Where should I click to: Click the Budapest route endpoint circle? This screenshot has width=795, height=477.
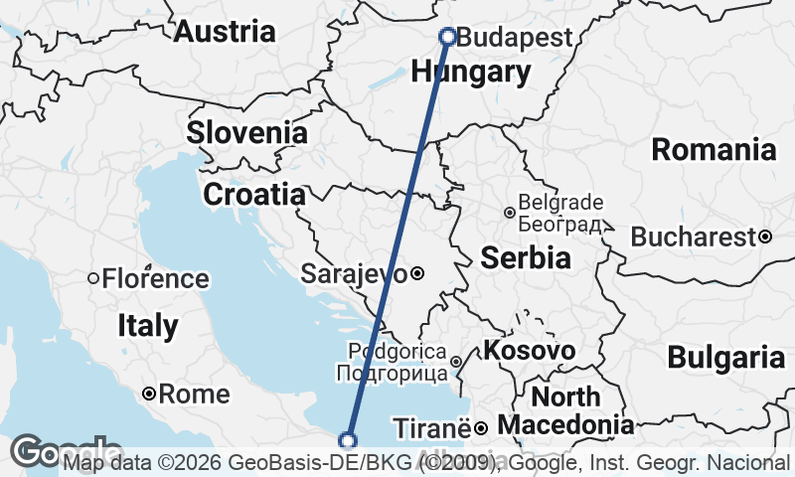tap(447, 37)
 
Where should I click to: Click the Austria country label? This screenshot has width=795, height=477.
tap(225, 32)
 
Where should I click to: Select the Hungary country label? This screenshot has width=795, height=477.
tap(470, 72)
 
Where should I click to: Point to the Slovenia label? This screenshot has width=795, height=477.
tap(246, 132)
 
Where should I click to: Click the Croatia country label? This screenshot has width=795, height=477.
tap(253, 194)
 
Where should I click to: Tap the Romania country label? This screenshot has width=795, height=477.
tap(714, 150)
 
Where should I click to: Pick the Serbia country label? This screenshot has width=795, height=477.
tap(526, 258)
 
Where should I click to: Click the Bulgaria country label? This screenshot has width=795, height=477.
tap(725, 357)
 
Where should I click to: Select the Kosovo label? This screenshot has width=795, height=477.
tap(529, 351)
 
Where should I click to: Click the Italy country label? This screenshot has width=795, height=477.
tap(147, 325)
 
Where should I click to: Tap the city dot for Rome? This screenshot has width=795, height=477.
tap(148, 395)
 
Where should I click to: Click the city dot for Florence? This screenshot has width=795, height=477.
tap(93, 279)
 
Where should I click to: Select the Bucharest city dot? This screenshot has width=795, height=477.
tap(765, 237)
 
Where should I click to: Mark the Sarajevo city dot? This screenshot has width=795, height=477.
tap(417, 273)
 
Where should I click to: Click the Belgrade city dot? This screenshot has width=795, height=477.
tap(509, 213)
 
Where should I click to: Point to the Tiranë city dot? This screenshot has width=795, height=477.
tap(481, 428)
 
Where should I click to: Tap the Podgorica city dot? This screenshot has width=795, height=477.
tap(455, 363)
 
